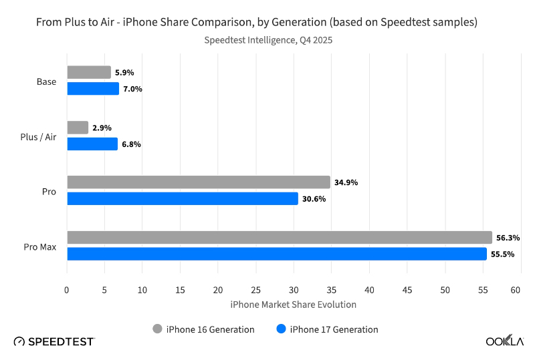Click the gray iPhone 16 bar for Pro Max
point(280,238)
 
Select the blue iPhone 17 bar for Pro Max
point(277,254)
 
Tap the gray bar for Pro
point(199,182)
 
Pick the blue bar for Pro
point(183,198)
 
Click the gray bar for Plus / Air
point(78,128)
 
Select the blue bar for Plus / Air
point(92,144)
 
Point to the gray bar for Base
point(89,72)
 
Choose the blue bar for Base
point(93,89)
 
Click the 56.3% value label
point(508,238)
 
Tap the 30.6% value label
point(314,199)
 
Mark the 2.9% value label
point(102,128)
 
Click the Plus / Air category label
point(39,136)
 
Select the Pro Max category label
point(41,246)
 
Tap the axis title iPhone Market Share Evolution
point(293,305)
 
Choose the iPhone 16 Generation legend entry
point(204,329)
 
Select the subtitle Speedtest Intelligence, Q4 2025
point(267,40)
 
